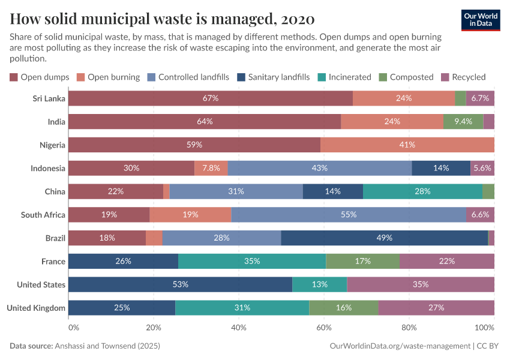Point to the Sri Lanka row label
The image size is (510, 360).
coord(49,98)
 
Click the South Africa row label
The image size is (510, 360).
coord(43,215)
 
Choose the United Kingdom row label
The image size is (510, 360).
coord(36,308)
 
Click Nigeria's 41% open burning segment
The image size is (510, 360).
coord(407,145)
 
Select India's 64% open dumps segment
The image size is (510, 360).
coord(205,122)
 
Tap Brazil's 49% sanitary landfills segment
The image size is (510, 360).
coord(384,238)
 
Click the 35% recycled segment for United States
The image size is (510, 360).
coord(421,284)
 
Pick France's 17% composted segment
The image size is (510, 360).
coord(362,261)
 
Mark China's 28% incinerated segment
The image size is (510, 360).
coord(422,191)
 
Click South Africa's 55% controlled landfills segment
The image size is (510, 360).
coord(349,215)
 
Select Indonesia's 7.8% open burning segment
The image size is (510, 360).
coord(211,168)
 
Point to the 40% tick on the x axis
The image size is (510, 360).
coord(239,328)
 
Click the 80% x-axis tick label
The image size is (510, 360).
coord(409,328)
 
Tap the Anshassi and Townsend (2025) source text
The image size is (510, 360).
coord(107,346)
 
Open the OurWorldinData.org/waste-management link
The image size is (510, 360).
coord(400,346)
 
